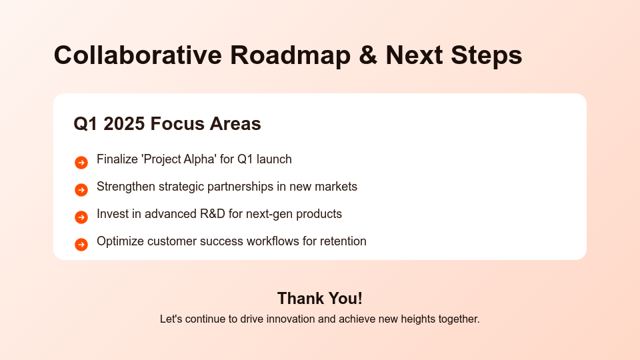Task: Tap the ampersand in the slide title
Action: tap(367, 55)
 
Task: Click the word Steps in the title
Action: tap(486, 55)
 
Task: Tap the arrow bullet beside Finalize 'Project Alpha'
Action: tap(81, 163)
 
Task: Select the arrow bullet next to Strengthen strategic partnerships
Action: tap(81, 190)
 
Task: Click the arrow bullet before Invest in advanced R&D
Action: tap(81, 217)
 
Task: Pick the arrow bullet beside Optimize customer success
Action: tap(81, 245)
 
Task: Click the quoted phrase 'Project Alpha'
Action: tap(179, 159)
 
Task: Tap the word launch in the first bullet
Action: tap(273, 159)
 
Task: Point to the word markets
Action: tap(336, 187)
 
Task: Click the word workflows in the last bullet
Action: tap(273, 241)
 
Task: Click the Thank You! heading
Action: tap(320, 298)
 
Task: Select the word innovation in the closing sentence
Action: tap(290, 319)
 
